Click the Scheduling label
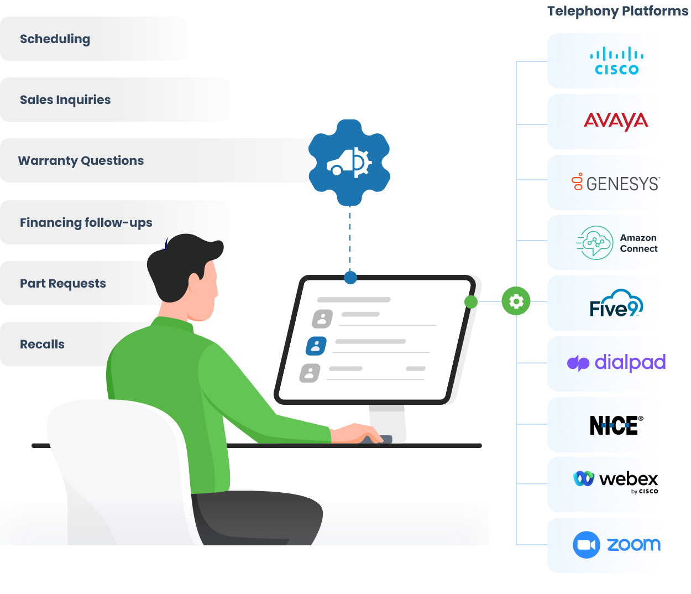(x=55, y=39)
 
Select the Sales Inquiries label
(x=65, y=100)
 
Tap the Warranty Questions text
(x=81, y=161)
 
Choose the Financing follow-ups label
(x=86, y=223)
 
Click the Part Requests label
(x=63, y=284)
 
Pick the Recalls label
(x=43, y=345)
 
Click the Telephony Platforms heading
(x=617, y=11)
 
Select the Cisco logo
(x=616, y=61)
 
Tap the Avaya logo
(x=616, y=121)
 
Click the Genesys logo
(x=616, y=183)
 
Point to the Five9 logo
(x=616, y=304)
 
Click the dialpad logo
(x=616, y=363)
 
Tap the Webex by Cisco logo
(x=616, y=480)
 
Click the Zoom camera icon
(x=586, y=545)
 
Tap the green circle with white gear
(x=516, y=301)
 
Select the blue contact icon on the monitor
(x=316, y=346)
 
